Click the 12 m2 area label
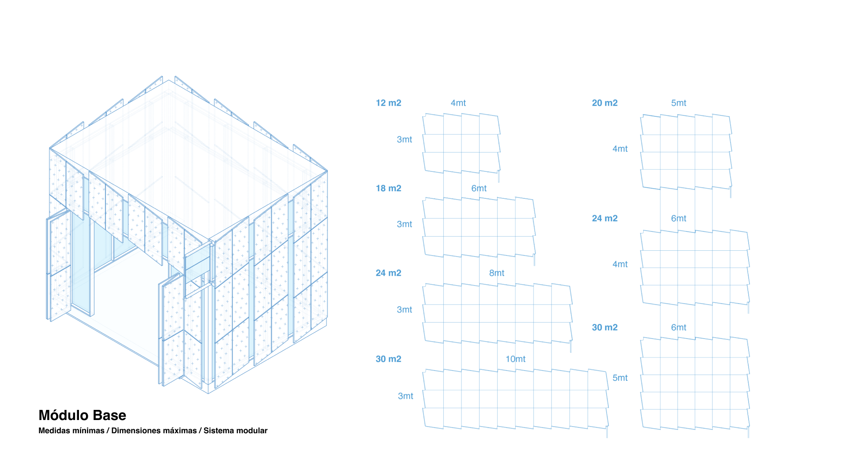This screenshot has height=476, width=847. [388, 103]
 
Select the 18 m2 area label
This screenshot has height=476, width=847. [388, 189]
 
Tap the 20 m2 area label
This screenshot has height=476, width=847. [604, 103]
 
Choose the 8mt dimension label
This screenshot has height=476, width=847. [496, 273]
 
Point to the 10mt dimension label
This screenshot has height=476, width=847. [515, 359]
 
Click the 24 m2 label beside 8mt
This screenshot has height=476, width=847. [388, 273]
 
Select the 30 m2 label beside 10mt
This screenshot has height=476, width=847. [388, 359]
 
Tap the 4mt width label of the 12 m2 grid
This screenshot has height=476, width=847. [458, 103]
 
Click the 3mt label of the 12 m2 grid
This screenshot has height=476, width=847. [404, 140]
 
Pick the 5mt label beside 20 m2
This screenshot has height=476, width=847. [678, 103]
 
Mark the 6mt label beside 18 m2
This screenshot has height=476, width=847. [479, 189]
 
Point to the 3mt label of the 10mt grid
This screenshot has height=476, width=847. [405, 396]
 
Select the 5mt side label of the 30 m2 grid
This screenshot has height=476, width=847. [620, 378]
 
